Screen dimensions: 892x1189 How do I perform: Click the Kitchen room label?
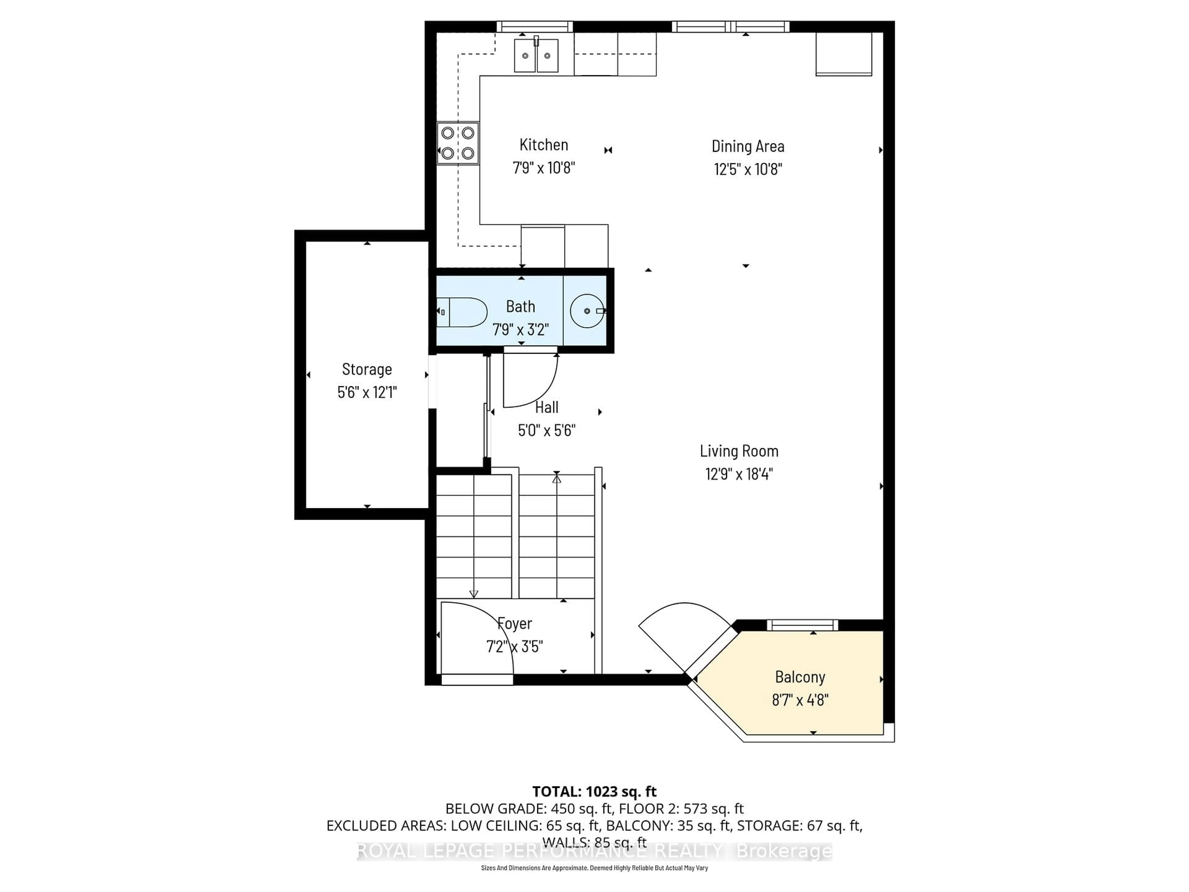[543, 145]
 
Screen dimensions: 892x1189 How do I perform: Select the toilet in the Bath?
[463, 312]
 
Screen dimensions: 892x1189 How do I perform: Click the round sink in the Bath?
[586, 311]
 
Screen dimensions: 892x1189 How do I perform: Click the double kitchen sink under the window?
[536, 55]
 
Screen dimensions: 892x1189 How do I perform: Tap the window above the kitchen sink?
[534, 26]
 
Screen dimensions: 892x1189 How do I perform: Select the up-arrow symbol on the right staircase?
[556, 478]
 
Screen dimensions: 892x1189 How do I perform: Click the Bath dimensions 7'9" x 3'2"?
[520, 329]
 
